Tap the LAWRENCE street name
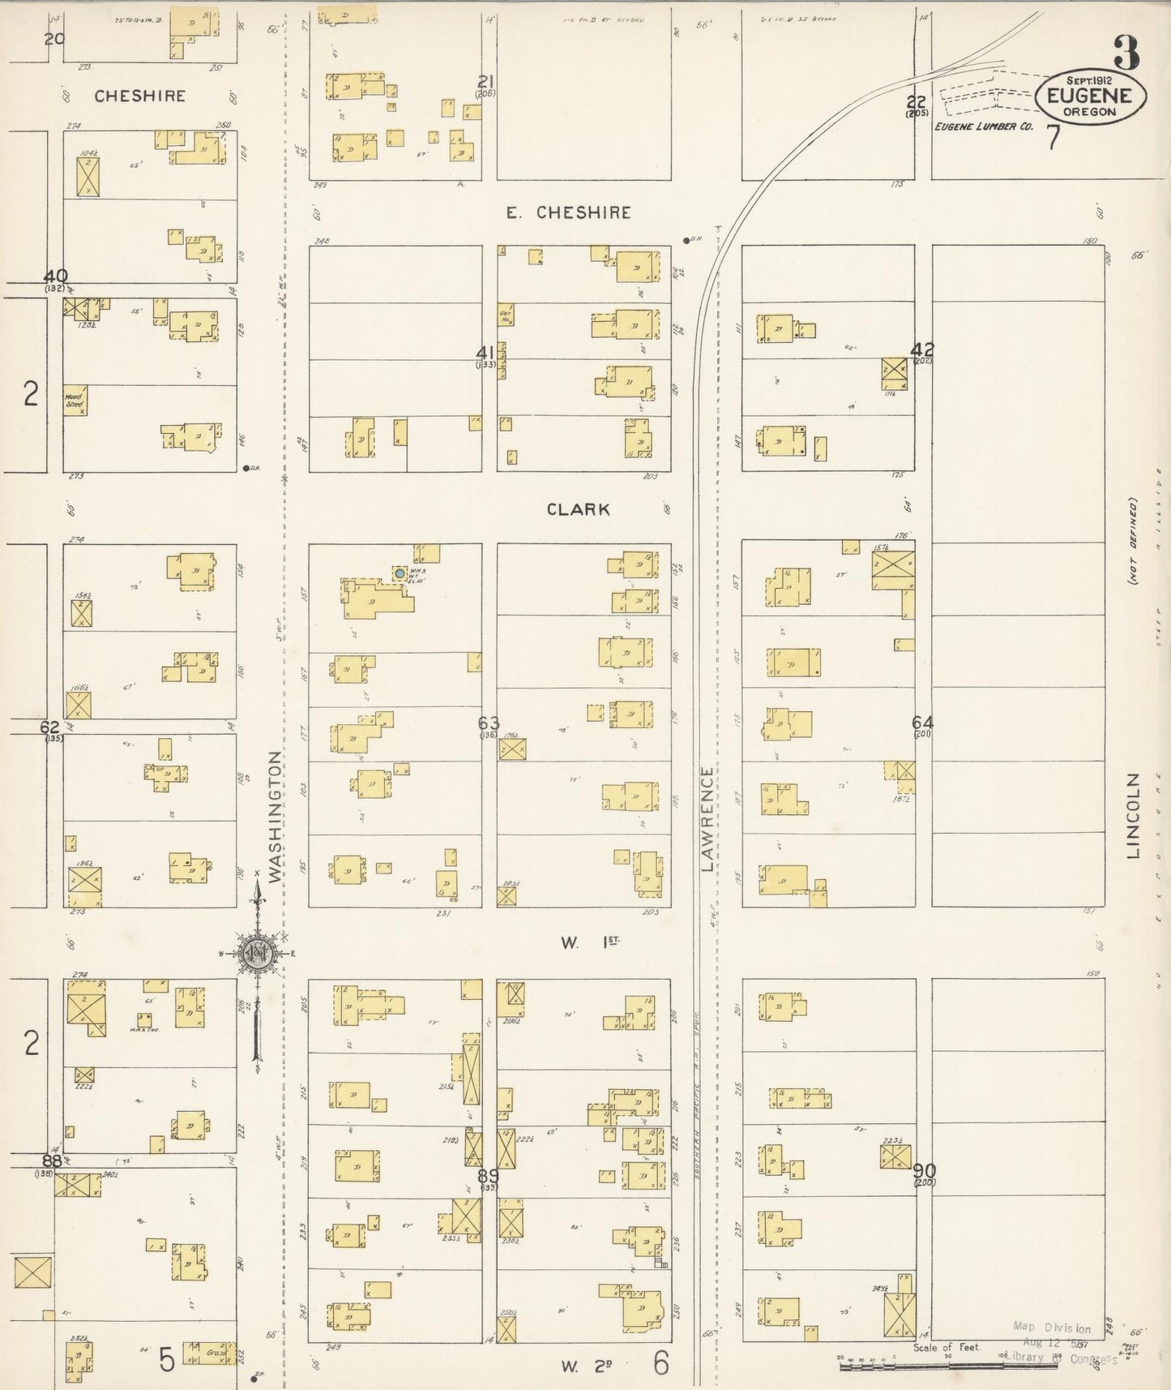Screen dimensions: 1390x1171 [707, 819]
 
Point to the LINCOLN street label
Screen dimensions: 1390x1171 [1133, 815]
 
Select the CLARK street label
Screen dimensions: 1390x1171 [578, 509]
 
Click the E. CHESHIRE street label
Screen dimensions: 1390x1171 [568, 212]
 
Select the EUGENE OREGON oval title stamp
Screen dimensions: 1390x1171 [1091, 96]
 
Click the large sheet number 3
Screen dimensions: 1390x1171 [1126, 54]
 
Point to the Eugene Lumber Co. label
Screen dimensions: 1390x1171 [984, 127]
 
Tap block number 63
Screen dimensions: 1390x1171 [489, 723]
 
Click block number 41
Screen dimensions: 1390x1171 [485, 353]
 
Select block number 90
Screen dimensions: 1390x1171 [924, 1170]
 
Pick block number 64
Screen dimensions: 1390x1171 [922, 722]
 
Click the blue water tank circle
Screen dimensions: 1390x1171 [399, 573]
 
